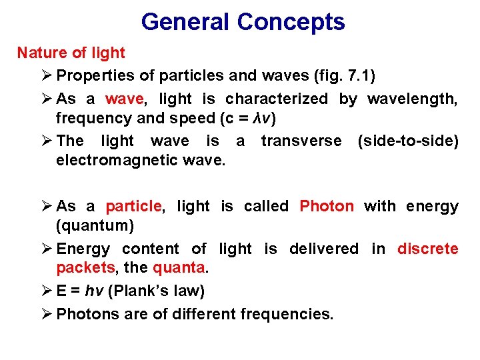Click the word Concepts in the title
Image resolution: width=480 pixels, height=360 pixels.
click(x=291, y=23)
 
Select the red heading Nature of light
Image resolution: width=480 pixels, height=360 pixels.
click(x=71, y=53)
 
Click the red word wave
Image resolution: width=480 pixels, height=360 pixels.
click(x=124, y=99)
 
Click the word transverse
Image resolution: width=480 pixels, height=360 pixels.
click(x=301, y=141)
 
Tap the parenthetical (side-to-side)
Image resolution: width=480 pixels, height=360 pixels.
click(x=408, y=141)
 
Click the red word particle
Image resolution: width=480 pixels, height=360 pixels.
click(x=133, y=207)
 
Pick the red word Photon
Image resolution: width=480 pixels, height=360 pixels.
click(x=327, y=207)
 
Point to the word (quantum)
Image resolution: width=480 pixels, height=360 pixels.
click(x=95, y=226)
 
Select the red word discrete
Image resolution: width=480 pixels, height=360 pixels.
click(x=427, y=249)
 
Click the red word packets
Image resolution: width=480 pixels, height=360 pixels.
click(x=85, y=269)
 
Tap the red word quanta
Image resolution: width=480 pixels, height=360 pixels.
click(x=181, y=269)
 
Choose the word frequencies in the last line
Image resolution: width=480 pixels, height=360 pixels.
click(x=291, y=314)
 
